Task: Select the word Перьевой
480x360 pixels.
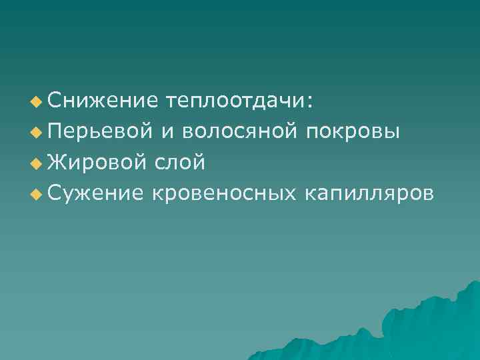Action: (99, 131)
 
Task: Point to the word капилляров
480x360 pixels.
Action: (368, 193)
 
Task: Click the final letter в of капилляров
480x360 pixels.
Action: (427, 194)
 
